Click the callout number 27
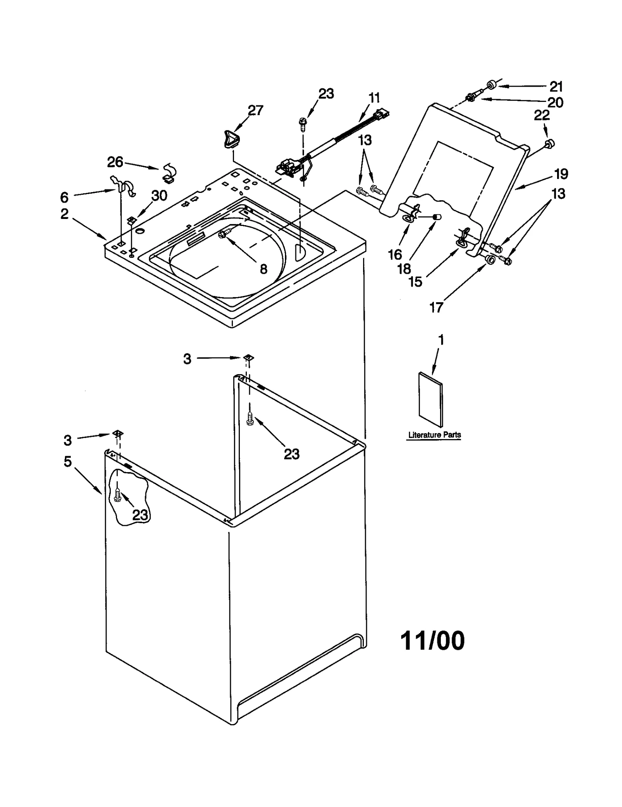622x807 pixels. (x=255, y=110)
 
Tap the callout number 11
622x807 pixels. (x=374, y=98)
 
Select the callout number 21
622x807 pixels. (x=556, y=86)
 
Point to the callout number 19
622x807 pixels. (x=561, y=174)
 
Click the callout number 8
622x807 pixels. (x=264, y=269)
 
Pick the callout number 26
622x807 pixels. (x=115, y=162)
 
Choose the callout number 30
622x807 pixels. (x=159, y=196)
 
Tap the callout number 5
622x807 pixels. (x=68, y=462)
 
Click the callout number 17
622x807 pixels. (x=436, y=308)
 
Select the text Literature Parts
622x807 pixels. (x=434, y=435)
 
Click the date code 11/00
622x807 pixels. (x=432, y=641)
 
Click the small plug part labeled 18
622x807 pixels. (x=437, y=217)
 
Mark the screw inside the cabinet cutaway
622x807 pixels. (x=118, y=495)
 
